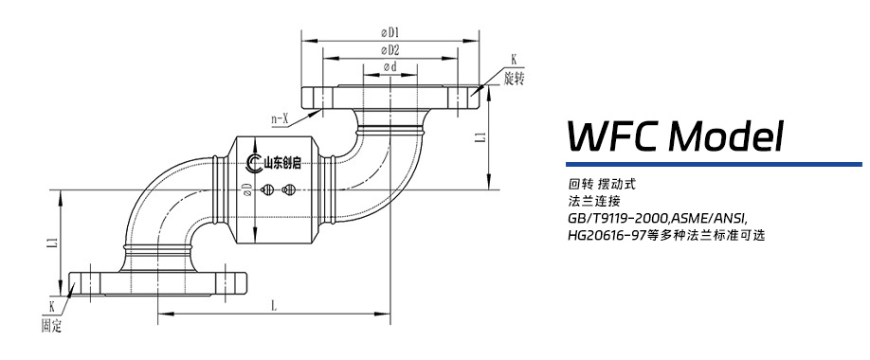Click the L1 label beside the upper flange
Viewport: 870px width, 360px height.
pos(481,137)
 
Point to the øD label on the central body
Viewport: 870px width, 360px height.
pos(246,189)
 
